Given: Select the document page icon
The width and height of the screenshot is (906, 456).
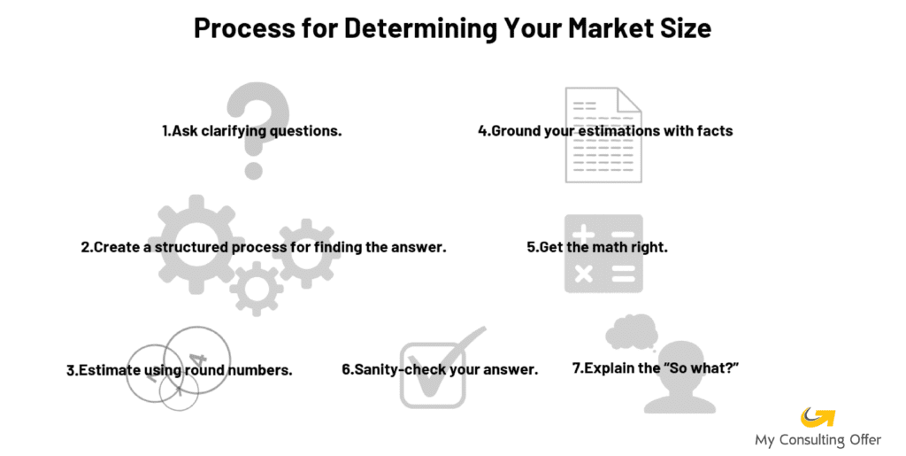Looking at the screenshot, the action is tap(603, 135).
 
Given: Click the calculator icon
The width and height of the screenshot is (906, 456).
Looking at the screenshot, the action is tap(603, 253).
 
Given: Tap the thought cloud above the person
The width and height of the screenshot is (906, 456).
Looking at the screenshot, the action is tap(632, 331).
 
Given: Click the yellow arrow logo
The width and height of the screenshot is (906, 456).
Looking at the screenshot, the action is tap(818, 417).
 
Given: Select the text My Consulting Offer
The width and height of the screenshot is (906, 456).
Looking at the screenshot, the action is tap(818, 440).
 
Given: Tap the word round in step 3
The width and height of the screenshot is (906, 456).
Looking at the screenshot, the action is tap(204, 370).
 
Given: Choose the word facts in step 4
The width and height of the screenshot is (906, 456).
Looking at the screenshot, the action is tap(715, 131).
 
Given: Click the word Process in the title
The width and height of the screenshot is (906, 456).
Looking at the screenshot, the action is tap(244, 27).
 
